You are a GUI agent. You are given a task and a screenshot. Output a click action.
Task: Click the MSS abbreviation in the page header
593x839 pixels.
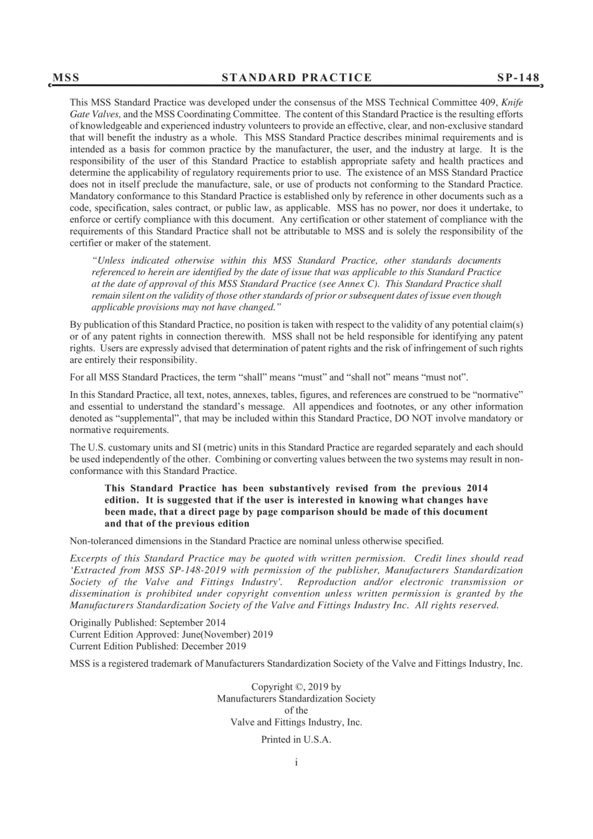tap(66, 78)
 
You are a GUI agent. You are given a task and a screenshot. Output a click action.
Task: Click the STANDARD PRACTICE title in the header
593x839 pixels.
tap(296, 78)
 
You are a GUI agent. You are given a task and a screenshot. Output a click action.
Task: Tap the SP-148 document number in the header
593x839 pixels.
tap(518, 78)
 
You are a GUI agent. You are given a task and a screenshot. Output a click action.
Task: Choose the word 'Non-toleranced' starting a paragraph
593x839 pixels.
tap(99, 541)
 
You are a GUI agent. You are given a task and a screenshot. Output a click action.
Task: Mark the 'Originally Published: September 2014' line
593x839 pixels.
tap(148, 623)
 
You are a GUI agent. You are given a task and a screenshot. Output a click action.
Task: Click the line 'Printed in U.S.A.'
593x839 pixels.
tap(296, 740)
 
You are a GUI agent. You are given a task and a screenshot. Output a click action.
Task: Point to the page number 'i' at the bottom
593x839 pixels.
tap(296, 762)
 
